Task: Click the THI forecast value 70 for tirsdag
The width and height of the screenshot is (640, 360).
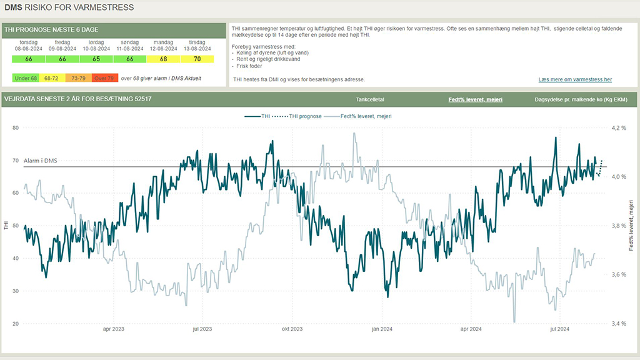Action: (x=197, y=59)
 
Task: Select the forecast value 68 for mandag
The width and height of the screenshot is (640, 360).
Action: (x=163, y=59)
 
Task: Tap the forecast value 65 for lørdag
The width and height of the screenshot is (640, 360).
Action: (x=96, y=59)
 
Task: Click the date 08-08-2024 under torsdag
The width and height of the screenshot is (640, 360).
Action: (x=28, y=48)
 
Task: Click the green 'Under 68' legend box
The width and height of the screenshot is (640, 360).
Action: (x=26, y=78)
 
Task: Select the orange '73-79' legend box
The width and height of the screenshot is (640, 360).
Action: (x=78, y=78)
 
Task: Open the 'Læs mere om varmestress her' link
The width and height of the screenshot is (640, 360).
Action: (x=575, y=79)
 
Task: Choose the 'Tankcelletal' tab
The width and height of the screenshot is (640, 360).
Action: (x=369, y=99)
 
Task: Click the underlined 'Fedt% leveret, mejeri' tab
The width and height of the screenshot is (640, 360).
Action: (x=476, y=99)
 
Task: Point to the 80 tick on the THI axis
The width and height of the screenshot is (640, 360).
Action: (x=15, y=127)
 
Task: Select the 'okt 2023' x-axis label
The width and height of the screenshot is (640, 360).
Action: (x=292, y=329)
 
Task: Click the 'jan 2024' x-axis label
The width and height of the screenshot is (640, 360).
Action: (x=381, y=329)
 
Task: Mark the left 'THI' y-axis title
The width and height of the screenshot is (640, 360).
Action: (x=6, y=226)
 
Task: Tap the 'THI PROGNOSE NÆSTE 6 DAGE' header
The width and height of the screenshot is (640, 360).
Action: (x=51, y=29)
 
